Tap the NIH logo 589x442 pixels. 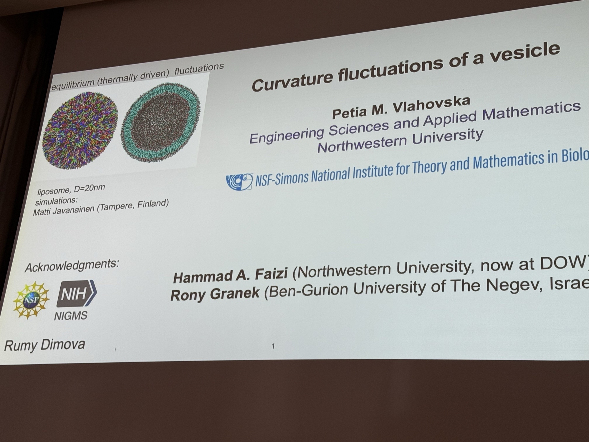pos(77,293)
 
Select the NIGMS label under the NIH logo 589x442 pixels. pos(71,316)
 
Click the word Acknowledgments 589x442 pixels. pos(72,265)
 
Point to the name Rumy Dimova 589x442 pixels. pos(44,345)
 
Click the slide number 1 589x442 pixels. pos(273,346)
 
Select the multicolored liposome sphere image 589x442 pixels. pos(80,131)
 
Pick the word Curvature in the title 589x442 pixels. pos(292,81)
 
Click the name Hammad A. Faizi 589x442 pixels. pos(231,276)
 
